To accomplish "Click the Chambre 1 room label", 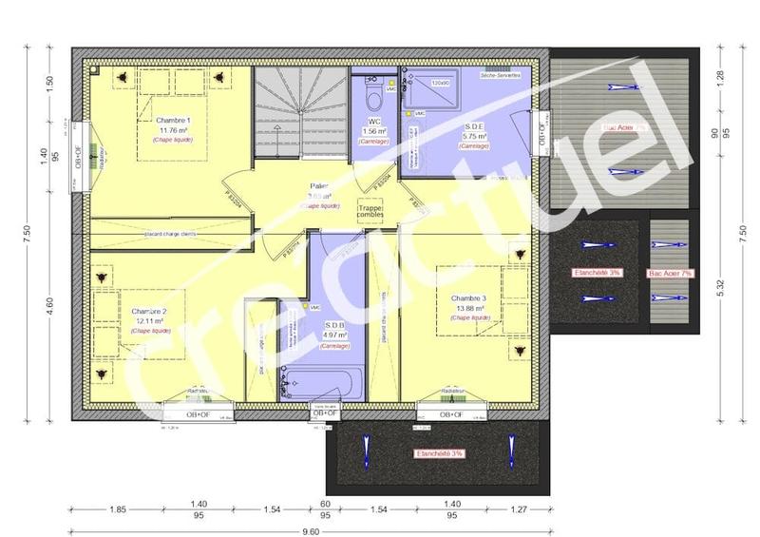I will click(x=174, y=121).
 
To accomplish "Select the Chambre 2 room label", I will click(x=149, y=312).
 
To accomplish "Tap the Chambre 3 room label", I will click(x=469, y=298).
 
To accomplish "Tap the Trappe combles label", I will click(x=370, y=212).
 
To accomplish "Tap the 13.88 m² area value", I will click(x=469, y=309).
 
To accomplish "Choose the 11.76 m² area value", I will click(x=174, y=130).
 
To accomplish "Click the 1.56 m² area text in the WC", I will click(x=373, y=131).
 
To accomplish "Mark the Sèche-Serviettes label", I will click(x=500, y=75).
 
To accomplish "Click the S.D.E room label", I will click(x=475, y=126).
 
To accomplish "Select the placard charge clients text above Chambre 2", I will click(x=171, y=232).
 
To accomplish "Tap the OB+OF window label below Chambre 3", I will click(x=450, y=415).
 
